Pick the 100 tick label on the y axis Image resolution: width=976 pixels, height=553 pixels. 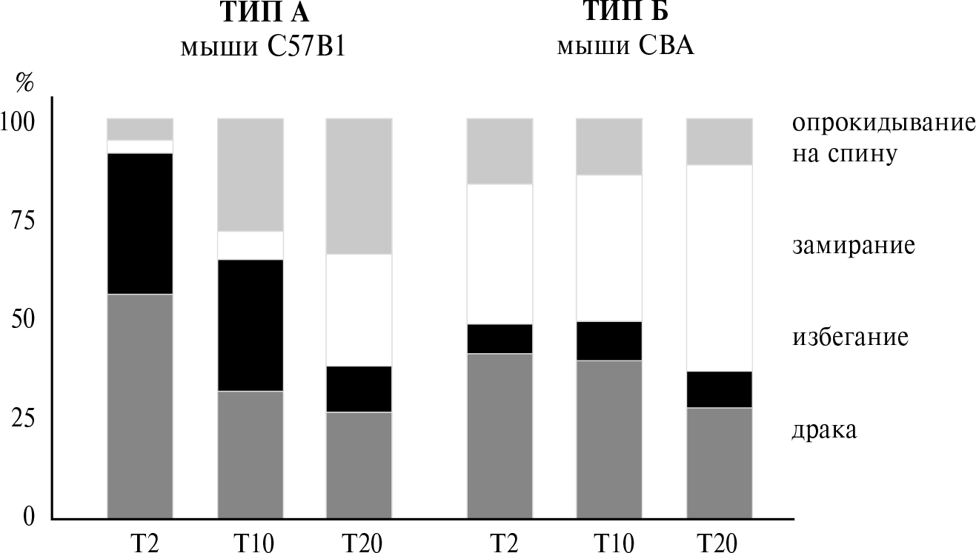[18, 123]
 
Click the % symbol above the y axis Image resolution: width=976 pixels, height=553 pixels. [25, 83]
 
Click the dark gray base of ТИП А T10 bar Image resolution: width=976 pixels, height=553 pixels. [250, 455]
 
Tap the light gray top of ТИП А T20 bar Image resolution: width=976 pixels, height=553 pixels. [359, 186]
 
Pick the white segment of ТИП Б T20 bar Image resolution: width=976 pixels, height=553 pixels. [719, 267]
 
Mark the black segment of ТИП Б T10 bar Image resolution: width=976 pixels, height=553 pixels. [609, 341]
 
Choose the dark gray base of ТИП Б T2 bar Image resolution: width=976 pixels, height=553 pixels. [499, 436]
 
